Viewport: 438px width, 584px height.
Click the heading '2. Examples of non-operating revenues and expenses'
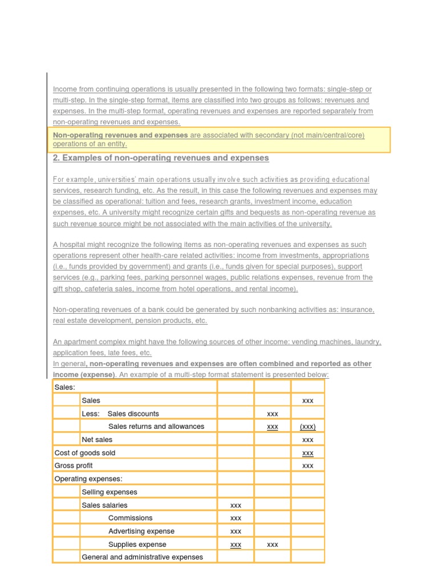point(161,158)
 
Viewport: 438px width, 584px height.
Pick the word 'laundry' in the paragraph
point(366,342)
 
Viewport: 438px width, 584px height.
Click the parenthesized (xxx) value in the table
point(307,427)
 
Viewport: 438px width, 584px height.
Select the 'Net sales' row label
point(97,440)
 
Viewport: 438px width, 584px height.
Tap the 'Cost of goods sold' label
point(84,453)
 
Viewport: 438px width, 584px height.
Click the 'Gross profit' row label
point(73,466)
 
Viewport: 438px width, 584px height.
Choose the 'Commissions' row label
point(130,518)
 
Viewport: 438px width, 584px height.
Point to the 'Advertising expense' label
point(141,531)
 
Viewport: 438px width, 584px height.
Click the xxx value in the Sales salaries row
point(236,505)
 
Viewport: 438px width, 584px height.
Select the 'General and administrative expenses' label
point(142,557)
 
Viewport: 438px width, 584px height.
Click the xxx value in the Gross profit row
point(307,466)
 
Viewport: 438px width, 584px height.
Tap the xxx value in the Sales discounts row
point(273,414)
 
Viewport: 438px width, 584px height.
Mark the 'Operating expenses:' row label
point(88,479)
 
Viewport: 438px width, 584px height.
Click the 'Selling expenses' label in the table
point(109,492)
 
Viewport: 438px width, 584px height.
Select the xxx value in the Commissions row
point(236,518)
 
